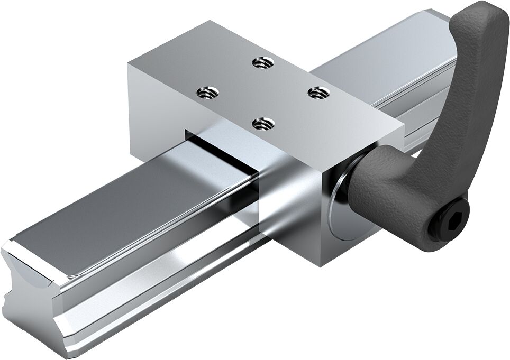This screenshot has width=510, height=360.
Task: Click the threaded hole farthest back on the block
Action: click(x=262, y=62)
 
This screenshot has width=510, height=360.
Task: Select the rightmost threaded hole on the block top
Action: click(x=318, y=93)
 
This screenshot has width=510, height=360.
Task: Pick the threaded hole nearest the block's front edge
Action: click(x=262, y=124)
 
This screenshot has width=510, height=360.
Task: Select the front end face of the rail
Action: click(x=32, y=296)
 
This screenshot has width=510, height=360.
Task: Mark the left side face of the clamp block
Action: click(x=153, y=100)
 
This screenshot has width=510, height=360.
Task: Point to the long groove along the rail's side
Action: click(x=159, y=275)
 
